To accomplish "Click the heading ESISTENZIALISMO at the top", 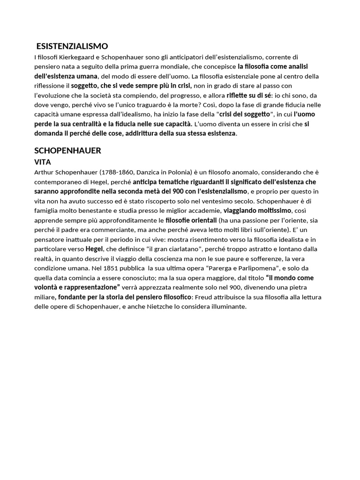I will pyautogui.click(x=72, y=46).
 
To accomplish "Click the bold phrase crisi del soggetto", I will pyautogui.click(x=245, y=114).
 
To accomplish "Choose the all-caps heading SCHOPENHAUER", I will pyautogui.click(x=68, y=150).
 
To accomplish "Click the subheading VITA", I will pyautogui.click(x=43, y=162).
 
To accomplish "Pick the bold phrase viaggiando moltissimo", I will pyautogui.click(x=257, y=210).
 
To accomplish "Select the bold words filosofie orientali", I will pyautogui.click(x=191, y=220).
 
